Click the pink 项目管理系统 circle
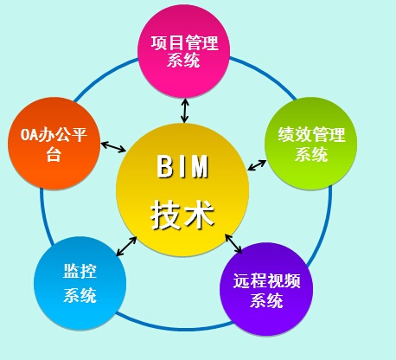[183, 51]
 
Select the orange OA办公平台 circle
[54, 144]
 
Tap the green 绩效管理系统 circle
[310, 144]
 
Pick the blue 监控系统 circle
[80, 283]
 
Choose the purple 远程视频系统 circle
[266, 289]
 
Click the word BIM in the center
[182, 166]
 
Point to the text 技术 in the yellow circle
[182, 215]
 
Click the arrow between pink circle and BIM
[184, 111]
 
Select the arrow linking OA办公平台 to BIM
[113, 146]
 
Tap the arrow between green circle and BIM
[257, 165]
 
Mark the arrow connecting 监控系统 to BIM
[126, 246]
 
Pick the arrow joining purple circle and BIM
[233, 244]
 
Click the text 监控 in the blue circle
[80, 271]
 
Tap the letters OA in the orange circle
[29, 135]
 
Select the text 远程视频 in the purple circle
[266, 280]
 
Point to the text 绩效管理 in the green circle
[311, 134]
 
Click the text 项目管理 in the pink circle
[184, 42]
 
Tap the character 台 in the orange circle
[54, 153]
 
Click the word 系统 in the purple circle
[266, 300]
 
